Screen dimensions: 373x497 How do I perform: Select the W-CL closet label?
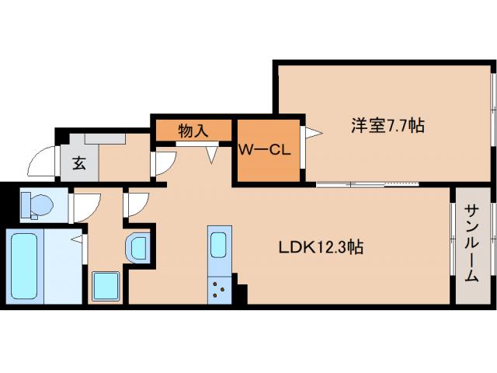(264, 149)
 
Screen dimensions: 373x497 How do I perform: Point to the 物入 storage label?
(193, 131)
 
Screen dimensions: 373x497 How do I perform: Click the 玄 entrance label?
(79, 163)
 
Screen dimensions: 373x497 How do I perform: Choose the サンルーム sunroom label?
(471, 243)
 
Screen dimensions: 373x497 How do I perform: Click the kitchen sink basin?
(219, 246)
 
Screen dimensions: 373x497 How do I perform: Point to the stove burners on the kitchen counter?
(219, 291)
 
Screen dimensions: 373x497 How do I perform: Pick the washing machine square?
(105, 285)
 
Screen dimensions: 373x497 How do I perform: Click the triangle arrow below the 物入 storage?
(212, 155)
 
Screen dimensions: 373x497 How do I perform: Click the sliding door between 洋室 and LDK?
(368, 185)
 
